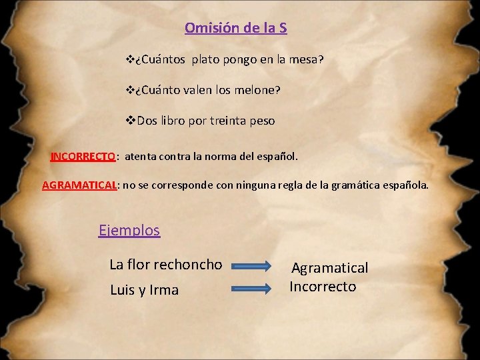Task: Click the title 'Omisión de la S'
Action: click(236, 28)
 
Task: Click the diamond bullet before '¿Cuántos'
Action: click(130, 60)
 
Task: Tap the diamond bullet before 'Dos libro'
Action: click(130, 121)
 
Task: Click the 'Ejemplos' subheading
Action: click(129, 230)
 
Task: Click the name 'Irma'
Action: click(165, 290)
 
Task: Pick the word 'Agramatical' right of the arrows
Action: click(329, 268)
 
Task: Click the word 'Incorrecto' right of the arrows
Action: click(323, 287)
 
